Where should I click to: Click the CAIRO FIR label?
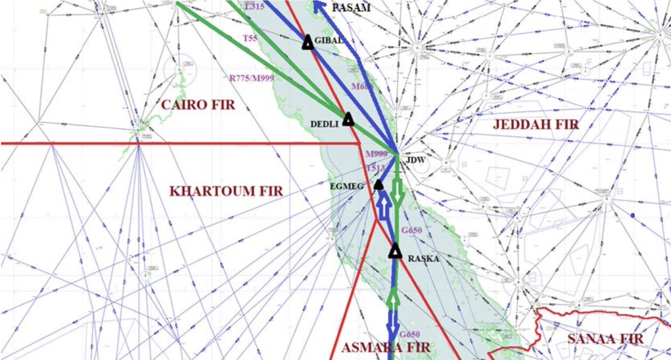198,105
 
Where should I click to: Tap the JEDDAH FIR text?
536,125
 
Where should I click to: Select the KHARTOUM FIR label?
226,191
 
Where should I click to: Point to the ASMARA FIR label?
386,348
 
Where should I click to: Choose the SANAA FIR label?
605,339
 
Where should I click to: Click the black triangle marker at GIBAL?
308,42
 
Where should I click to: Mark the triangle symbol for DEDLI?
348,119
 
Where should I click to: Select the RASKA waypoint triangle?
395,252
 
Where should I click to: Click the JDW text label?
415,160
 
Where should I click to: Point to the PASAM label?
351,7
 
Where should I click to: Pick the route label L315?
255,7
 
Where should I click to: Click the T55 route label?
250,38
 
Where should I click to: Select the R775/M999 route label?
252,78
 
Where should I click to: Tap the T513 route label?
376,168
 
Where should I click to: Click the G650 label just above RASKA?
412,230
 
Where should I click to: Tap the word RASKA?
423,259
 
